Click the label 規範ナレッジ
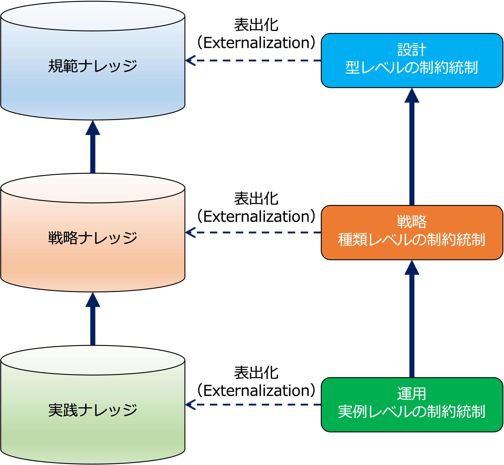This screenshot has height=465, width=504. click(x=93, y=66)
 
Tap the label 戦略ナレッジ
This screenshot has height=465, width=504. click(x=93, y=238)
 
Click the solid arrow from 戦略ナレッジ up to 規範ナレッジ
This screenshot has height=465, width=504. click(x=93, y=151)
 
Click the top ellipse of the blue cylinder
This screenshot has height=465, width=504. click(x=93, y=16)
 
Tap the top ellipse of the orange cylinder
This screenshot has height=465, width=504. click(x=93, y=188)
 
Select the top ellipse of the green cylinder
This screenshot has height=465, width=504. click(x=93, y=360)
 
